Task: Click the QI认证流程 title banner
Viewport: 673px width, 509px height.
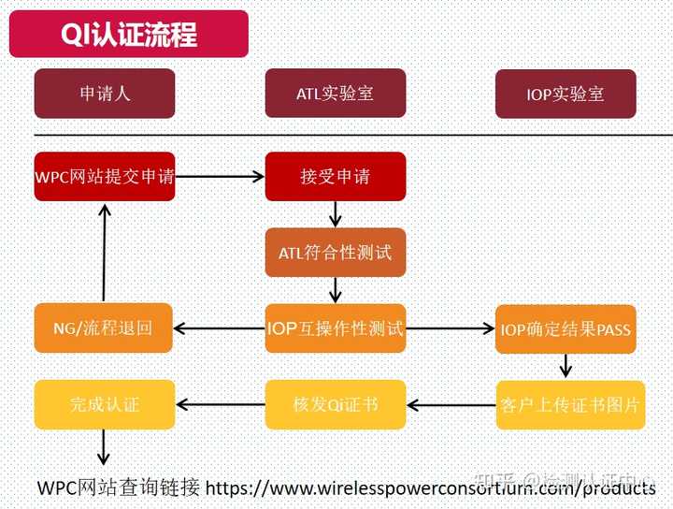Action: [x=128, y=35]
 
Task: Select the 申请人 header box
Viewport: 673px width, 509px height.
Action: [x=104, y=94]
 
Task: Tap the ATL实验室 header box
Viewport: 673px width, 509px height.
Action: [x=336, y=94]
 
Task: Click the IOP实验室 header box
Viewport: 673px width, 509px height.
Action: [x=566, y=95]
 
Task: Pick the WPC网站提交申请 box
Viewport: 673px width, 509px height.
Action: [x=104, y=176]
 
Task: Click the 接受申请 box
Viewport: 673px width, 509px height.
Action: [x=336, y=176]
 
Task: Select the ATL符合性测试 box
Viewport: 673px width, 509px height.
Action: [x=336, y=253]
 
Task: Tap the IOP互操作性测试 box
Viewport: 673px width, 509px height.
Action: [x=336, y=328]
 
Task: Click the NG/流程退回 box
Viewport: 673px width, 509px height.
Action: [x=104, y=328]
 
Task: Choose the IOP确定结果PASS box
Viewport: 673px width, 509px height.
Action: [x=566, y=329]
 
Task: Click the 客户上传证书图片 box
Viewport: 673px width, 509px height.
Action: [x=570, y=405]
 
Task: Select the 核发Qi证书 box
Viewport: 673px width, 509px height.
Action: [x=336, y=405]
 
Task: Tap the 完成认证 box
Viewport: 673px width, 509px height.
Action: [x=104, y=405]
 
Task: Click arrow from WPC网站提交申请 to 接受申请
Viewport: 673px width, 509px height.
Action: [x=221, y=176]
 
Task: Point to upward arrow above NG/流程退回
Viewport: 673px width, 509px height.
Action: [x=104, y=253]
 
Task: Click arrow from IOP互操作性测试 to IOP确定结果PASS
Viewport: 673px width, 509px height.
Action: [x=451, y=328]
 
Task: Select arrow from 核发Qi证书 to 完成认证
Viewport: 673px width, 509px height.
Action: [x=221, y=405]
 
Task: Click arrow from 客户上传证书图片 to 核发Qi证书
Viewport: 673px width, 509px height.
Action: [x=451, y=405]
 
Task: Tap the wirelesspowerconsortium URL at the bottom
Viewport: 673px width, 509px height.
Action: [x=430, y=488]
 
